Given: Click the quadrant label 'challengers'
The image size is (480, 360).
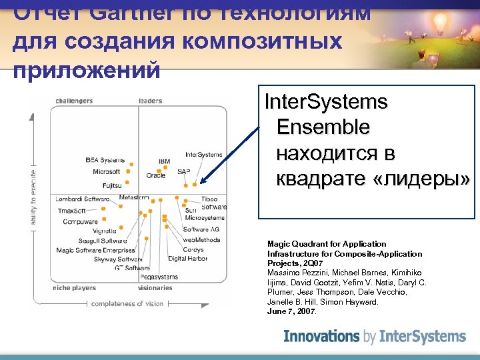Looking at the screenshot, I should click(x=73, y=101).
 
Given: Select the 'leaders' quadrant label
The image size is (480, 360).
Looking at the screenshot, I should click(x=150, y=101).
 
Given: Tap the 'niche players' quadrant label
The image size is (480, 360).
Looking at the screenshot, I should click(x=74, y=288).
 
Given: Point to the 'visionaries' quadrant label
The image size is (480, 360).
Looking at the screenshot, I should click(x=155, y=288).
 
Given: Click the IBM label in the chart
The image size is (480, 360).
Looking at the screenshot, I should click(x=164, y=162).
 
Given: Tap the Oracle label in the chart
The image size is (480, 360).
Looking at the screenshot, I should click(x=156, y=175).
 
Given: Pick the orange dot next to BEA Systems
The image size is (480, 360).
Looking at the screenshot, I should click(x=131, y=163).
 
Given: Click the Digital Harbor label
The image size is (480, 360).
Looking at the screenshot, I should click(x=187, y=258).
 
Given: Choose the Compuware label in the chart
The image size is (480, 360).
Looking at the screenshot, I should click(x=80, y=221).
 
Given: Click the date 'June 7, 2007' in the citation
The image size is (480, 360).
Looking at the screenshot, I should click(x=292, y=311).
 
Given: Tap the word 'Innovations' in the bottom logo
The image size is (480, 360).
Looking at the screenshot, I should click(x=323, y=337).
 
